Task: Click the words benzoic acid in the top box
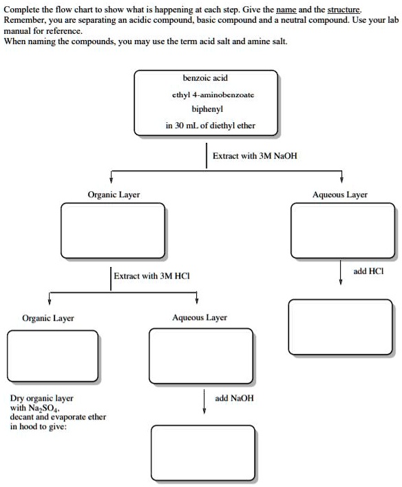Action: [x=205, y=79]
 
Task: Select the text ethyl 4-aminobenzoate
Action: [x=205, y=95]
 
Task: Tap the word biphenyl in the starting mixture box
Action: [x=205, y=110]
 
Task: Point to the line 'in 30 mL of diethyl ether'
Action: [x=205, y=126]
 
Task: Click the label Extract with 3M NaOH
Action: [x=255, y=156]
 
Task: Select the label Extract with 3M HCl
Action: [x=151, y=276]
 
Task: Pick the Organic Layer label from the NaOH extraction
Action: [x=114, y=195]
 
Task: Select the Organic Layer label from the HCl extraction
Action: [x=48, y=318]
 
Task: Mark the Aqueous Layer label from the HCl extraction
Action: [x=199, y=318]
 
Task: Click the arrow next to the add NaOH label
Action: [x=204, y=402]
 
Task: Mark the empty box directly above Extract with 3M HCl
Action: [x=113, y=231]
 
